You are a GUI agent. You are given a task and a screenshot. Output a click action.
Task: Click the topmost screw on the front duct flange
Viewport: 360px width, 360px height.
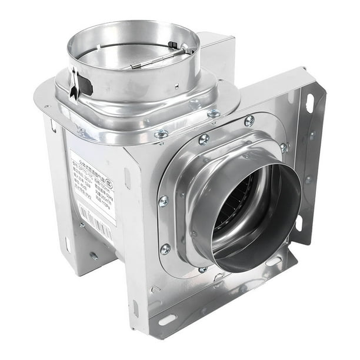[249, 120]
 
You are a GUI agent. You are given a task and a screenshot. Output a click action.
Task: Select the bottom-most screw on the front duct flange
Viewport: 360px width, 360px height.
[203, 270]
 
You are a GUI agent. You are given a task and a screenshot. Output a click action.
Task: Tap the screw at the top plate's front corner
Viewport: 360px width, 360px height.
[161, 134]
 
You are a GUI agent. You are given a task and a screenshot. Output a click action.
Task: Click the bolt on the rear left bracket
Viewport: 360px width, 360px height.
[93, 256]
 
